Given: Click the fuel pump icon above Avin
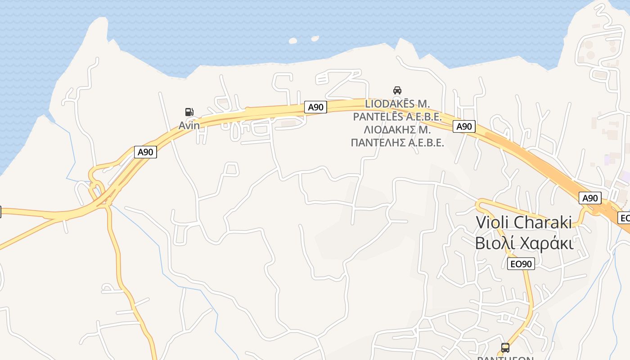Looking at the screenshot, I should point(189,112).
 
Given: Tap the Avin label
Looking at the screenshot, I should point(189,126).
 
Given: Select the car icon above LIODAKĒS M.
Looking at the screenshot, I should point(397,90).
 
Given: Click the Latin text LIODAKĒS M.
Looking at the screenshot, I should point(397,103).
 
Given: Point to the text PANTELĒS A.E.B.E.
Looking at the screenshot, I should point(397,117).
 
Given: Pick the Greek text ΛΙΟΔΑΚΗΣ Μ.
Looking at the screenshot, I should point(397,130).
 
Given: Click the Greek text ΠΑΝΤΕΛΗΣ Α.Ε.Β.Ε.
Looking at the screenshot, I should point(397,143).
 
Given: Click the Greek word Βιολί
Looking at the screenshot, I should point(495,243).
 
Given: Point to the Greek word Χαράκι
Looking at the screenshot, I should point(546,243).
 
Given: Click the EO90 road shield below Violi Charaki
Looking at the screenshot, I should point(521,264).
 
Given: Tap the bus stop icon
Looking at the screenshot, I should point(505,347).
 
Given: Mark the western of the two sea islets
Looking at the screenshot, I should point(293,41).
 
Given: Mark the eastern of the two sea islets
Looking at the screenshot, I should point(315,39).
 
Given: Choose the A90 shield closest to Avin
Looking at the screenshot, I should point(145,152).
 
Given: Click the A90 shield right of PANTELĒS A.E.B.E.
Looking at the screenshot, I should point(464,126).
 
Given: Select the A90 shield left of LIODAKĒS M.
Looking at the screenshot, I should point(315,107).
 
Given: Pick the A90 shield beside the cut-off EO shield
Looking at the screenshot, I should point(590,198).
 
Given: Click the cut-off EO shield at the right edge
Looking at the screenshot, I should point(625,218).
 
